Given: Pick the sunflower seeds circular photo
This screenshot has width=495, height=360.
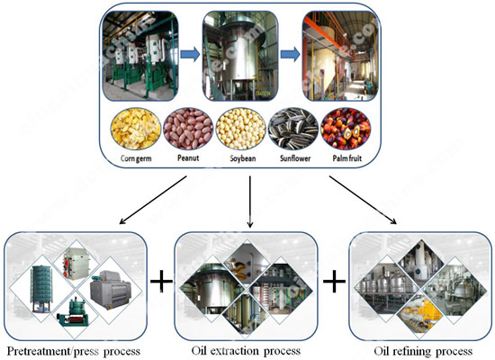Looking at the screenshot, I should (296, 129).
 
